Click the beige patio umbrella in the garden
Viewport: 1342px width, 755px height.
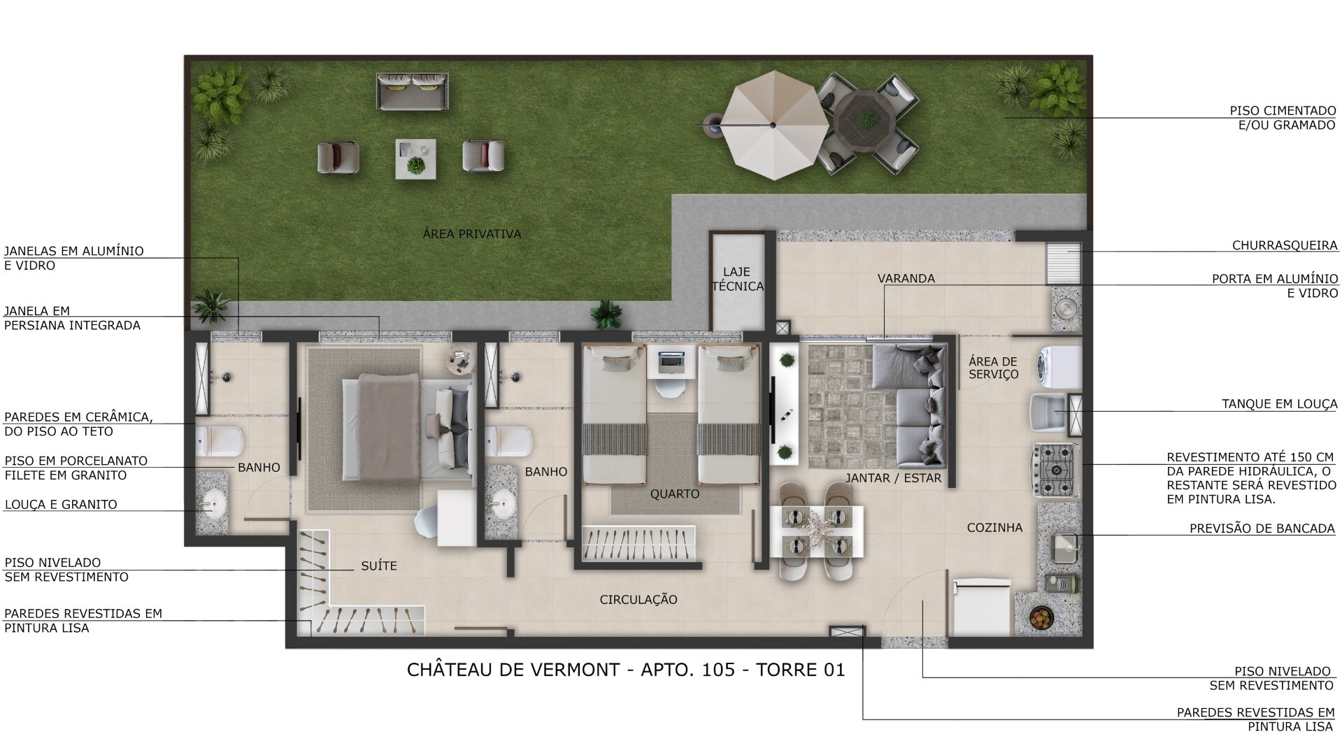[773, 125]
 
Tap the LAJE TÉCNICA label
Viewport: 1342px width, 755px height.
[737, 279]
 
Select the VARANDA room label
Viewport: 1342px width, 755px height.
[906, 278]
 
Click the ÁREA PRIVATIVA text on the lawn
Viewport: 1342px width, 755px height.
[472, 234]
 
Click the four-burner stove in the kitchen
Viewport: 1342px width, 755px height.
[1057, 470]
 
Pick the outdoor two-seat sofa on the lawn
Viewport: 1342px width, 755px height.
[413, 92]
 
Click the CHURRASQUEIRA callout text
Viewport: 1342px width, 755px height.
[1284, 245]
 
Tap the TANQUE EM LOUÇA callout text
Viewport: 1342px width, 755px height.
[1279, 404]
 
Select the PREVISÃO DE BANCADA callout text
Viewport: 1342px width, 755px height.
[1262, 528]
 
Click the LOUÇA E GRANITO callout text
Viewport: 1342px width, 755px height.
[61, 505]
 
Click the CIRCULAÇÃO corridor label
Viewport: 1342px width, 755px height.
[638, 600]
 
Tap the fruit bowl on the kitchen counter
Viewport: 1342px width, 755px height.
[1041, 617]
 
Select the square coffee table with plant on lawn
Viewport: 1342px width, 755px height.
[416, 159]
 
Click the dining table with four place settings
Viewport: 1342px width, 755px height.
[816, 531]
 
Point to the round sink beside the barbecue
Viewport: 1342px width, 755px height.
[1065, 308]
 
